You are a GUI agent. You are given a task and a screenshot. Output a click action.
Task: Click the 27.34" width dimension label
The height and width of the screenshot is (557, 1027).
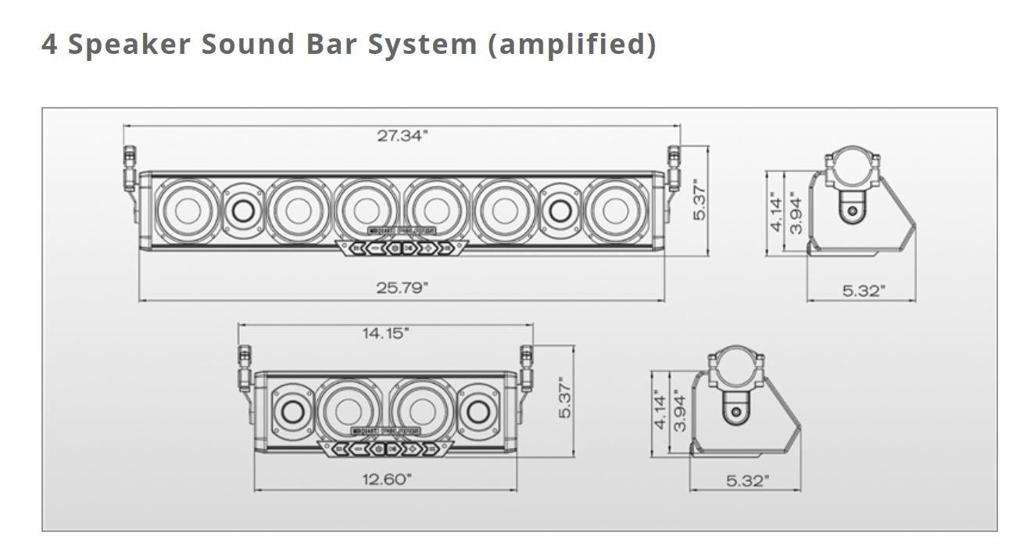pos(403,136)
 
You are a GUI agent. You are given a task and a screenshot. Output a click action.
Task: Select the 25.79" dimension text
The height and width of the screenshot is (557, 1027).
pos(402,287)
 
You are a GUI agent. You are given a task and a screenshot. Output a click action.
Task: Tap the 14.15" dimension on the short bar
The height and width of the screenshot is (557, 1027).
pos(385,334)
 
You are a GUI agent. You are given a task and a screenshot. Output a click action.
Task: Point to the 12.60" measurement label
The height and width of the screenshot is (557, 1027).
pos(386,479)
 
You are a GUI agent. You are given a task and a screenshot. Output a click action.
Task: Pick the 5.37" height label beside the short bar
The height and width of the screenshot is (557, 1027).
pos(567,398)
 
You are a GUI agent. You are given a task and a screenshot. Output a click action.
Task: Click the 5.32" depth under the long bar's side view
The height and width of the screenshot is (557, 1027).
pos(864,291)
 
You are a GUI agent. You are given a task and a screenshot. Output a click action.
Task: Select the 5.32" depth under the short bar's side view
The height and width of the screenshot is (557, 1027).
pos(747,481)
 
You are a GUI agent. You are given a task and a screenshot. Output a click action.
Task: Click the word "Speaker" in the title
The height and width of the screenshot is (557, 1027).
pos(129,44)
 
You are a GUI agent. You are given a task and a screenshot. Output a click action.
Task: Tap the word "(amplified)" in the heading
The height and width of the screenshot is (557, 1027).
pos(571,44)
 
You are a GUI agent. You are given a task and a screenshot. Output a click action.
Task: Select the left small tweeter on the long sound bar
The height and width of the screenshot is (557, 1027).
pos(242,210)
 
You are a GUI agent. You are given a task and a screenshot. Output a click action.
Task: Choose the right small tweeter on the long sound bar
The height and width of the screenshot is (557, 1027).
pos(560,210)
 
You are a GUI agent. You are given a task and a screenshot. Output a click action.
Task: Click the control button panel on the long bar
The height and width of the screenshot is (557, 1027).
pos(402,248)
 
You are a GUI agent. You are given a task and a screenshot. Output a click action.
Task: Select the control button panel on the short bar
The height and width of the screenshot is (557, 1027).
pos(386,448)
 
